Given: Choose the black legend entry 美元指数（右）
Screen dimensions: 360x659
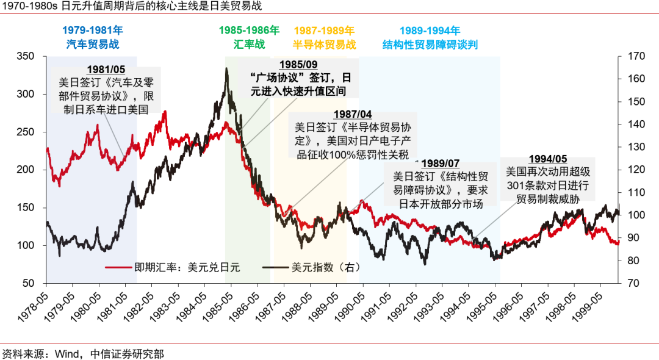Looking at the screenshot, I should click(308, 267).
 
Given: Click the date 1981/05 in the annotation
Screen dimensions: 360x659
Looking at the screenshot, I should click(106, 70).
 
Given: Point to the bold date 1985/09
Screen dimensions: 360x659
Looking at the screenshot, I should click(298, 65).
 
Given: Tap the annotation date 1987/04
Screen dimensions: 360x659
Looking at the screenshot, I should click(352, 115).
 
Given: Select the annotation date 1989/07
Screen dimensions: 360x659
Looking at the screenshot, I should click(440, 164).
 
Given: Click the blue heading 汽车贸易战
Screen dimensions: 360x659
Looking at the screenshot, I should click(93, 44).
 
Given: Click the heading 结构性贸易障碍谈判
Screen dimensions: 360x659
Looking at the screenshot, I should click(430, 44).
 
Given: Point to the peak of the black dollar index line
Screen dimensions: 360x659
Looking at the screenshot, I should click(227, 69).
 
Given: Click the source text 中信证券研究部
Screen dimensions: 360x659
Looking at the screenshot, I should click(127, 353).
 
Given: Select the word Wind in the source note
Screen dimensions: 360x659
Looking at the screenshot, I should click(67, 353).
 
